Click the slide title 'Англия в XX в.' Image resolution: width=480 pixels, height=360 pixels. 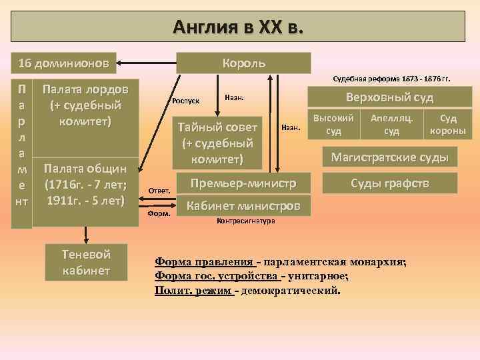coord(239,27)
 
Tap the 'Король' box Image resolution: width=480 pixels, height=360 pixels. coord(243,63)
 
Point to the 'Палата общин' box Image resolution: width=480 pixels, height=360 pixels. coord(85,184)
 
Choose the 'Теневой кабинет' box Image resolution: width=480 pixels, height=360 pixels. coord(86,262)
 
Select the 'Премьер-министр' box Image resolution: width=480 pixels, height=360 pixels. coord(242,183)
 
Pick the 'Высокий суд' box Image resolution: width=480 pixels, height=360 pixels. coord(333,123)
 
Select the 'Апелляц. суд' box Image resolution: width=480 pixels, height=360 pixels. coord(392,123)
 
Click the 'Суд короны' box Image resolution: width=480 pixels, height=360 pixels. coord(448,123)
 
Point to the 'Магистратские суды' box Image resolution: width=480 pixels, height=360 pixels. coord(391,158)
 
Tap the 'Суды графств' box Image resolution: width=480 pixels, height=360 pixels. coord(391,183)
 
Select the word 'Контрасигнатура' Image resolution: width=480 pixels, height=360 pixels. coord(246,221)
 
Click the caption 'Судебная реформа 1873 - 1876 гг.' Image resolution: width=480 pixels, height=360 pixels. coord(391,78)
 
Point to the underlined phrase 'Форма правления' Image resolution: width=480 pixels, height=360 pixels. coord(204,261)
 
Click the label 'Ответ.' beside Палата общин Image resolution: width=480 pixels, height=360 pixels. coord(160,191)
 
